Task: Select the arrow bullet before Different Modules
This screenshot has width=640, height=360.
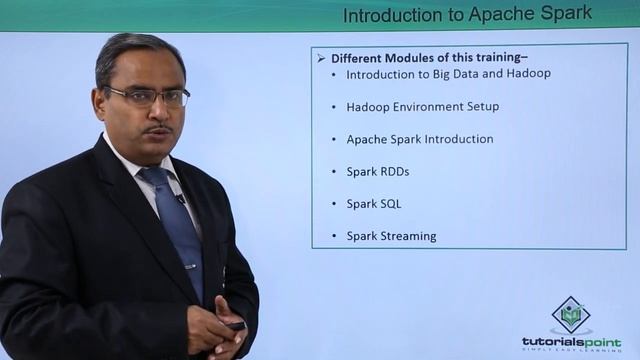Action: [322, 58]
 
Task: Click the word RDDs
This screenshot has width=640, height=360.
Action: [392, 172]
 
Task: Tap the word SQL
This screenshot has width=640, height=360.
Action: [389, 204]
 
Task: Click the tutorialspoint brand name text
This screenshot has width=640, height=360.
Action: [570, 341]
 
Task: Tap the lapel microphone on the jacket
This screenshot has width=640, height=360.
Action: [181, 198]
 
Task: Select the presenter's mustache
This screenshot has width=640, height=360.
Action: [158, 128]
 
